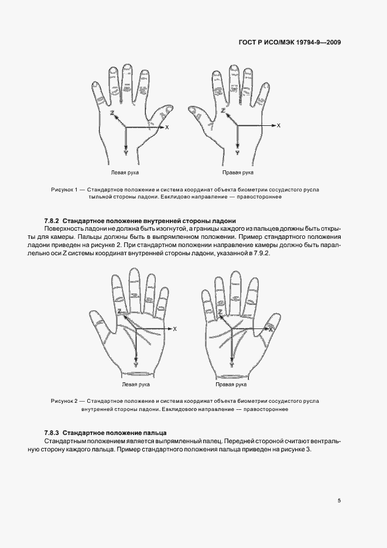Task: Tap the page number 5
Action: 339,500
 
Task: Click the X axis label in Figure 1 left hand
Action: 167,127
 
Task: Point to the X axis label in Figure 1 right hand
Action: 279,125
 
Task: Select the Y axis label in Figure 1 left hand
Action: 126,152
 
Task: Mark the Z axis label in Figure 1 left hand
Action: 111,112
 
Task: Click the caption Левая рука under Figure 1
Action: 125,173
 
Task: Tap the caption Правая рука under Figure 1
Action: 238,173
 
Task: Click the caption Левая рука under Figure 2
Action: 136,385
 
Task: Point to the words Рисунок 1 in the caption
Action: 64,190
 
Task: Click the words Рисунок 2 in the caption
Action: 64,401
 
